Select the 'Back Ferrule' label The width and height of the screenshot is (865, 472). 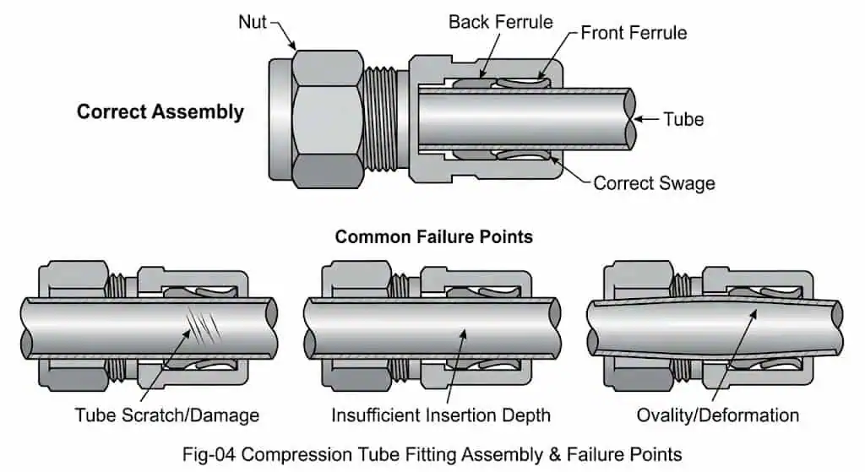[499, 22]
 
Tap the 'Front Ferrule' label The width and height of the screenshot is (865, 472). [634, 33]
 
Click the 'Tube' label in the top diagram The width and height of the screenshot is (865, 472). [683, 119]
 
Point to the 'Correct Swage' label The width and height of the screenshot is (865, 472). [654, 183]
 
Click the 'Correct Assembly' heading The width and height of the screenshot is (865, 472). [160, 111]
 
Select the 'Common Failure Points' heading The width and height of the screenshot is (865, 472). [433, 236]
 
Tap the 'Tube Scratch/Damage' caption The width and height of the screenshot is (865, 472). [166, 415]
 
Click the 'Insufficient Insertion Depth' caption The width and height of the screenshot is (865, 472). [440, 415]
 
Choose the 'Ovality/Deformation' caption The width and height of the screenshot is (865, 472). [717, 415]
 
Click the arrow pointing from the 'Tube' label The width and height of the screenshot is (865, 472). [646, 119]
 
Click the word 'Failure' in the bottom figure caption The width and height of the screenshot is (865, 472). [579, 453]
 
